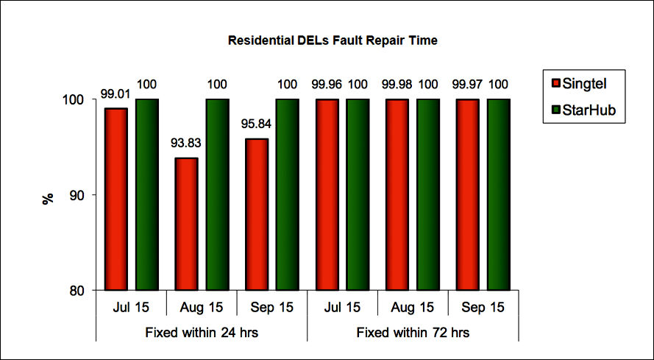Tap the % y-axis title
tap(49, 197)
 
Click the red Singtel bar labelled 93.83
tap(186, 224)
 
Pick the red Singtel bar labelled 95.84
tap(257, 214)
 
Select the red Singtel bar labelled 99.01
tap(115, 199)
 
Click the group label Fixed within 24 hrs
tap(201, 332)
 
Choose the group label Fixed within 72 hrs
tap(413, 332)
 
